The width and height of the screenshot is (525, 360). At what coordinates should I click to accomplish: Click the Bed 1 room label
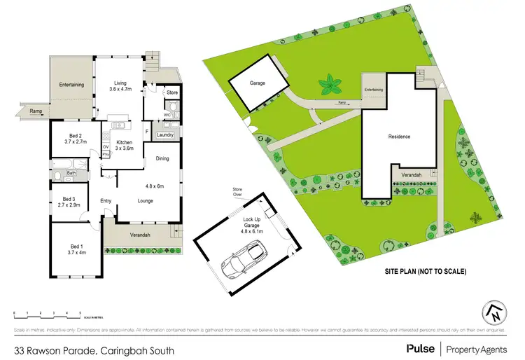click(76, 246)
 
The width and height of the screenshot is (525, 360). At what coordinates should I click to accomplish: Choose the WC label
click(167, 113)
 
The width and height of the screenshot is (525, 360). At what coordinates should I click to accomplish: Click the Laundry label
click(165, 134)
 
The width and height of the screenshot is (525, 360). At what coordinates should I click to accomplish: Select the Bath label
click(71, 172)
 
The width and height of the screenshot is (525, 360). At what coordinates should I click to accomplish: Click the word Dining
click(162, 158)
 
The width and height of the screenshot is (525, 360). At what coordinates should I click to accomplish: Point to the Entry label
click(106, 202)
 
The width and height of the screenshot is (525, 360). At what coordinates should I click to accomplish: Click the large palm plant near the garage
click(330, 86)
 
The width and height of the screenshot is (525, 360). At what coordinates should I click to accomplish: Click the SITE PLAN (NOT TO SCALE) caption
click(426, 270)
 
